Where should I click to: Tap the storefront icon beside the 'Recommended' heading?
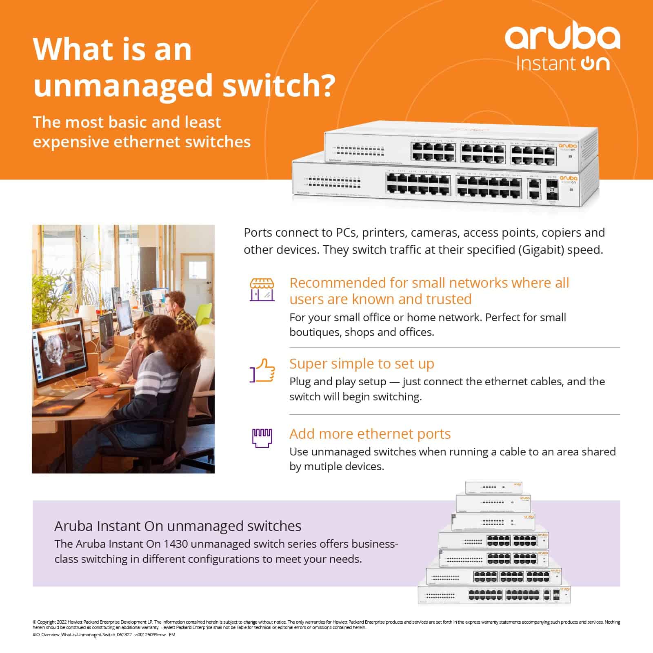pos(262,290)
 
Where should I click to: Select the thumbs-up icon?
pos(262,371)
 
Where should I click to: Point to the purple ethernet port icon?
pos(262,438)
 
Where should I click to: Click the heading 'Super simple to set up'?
pos(362,363)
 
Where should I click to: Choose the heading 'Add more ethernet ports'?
pos(370,433)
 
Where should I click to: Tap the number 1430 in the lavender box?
pos(176,544)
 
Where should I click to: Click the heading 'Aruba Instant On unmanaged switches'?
pos(178,526)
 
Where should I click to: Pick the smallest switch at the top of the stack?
pos(494,487)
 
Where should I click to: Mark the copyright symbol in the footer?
pos(34,622)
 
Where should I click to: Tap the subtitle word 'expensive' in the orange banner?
pos(71,142)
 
